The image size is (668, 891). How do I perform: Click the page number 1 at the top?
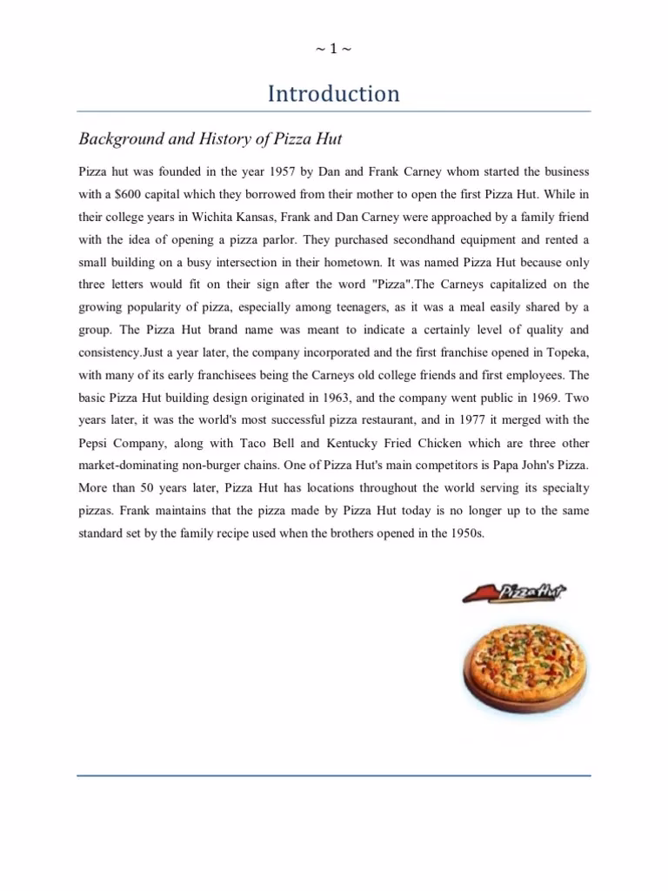point(333,49)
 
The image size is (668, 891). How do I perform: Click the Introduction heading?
point(333,94)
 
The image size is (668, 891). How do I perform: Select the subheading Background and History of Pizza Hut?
point(217,138)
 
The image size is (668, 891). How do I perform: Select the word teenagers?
point(397,307)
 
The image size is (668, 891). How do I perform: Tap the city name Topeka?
point(568,352)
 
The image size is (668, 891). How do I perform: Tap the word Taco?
point(246,443)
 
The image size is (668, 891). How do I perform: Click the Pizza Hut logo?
point(517,594)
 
